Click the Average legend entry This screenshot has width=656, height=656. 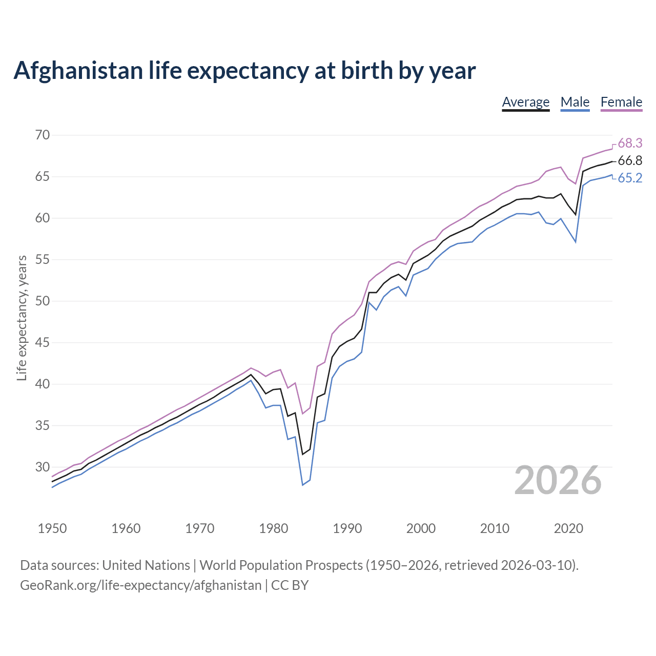(x=525, y=102)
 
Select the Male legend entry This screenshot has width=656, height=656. (x=575, y=102)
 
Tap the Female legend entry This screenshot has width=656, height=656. (x=621, y=102)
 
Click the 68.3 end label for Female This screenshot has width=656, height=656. (x=630, y=143)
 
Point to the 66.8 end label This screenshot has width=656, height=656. (x=630, y=161)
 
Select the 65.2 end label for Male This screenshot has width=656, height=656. (x=630, y=178)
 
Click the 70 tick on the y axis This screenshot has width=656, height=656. (x=43, y=135)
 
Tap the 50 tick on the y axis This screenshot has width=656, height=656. (x=43, y=301)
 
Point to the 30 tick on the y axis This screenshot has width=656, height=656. (x=43, y=467)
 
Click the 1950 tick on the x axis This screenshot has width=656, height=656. (x=52, y=528)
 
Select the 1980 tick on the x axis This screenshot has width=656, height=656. (x=274, y=528)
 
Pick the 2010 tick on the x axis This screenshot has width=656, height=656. (x=495, y=528)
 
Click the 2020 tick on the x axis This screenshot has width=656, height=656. (x=568, y=528)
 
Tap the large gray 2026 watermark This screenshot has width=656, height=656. (x=558, y=480)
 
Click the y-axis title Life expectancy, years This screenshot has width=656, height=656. (x=22, y=318)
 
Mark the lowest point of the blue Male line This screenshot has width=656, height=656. (x=302, y=484)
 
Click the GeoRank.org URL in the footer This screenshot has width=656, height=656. (x=140, y=585)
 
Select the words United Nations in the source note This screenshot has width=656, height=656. (x=146, y=565)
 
